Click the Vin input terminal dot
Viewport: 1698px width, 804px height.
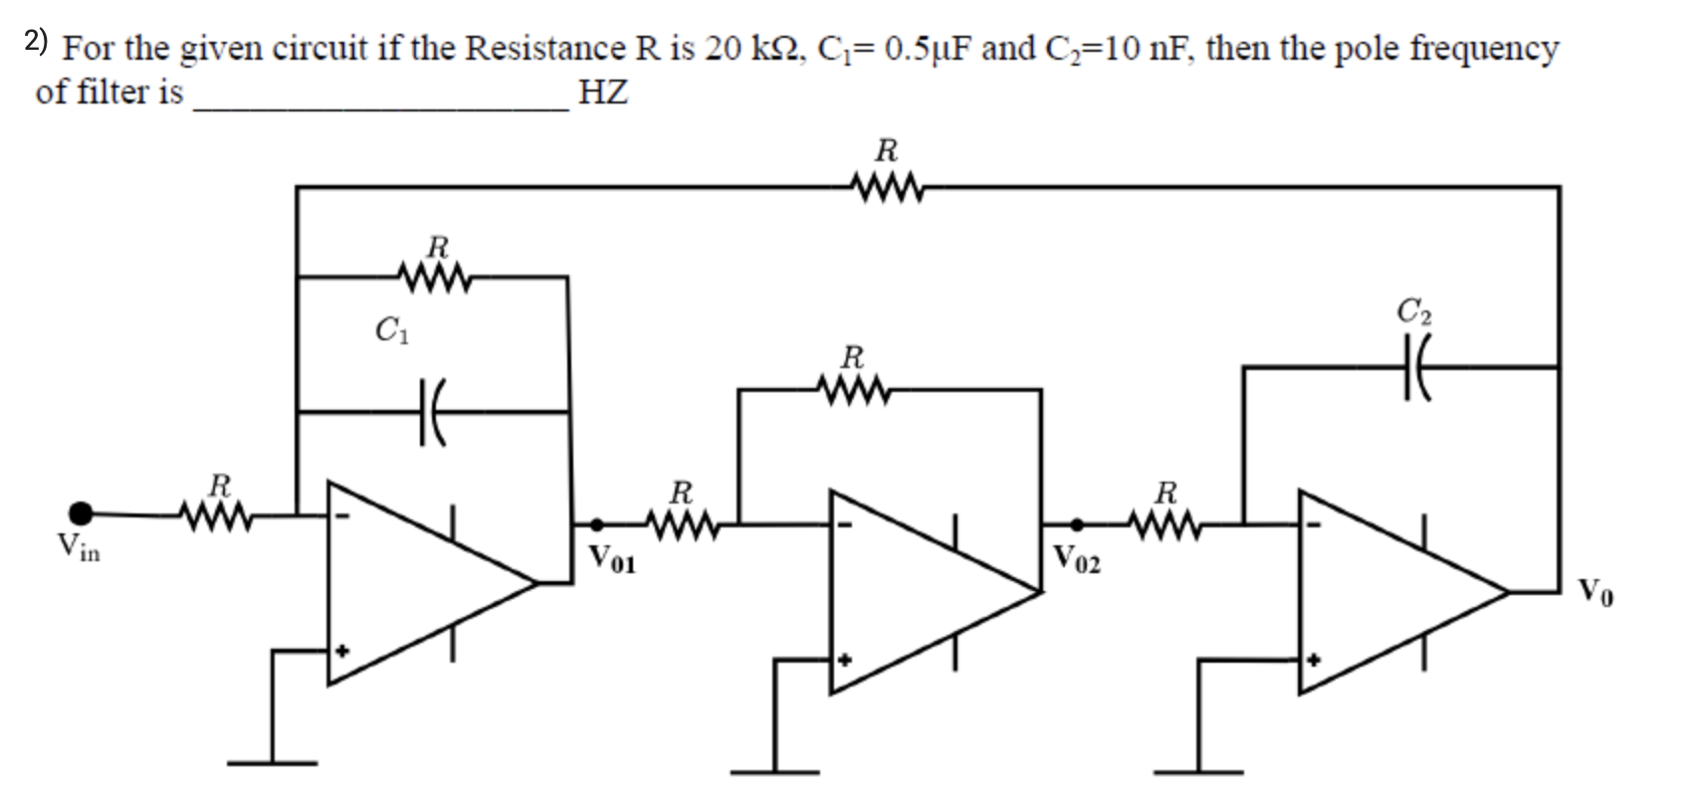pyautogui.click(x=81, y=513)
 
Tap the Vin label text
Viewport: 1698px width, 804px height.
pyautogui.click(x=78, y=546)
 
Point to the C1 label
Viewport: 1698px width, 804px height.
pyautogui.click(x=390, y=328)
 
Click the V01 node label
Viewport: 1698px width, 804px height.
pyautogui.click(x=611, y=559)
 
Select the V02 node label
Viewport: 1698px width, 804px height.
pyautogui.click(x=1077, y=559)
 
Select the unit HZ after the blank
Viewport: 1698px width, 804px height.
pyautogui.click(x=602, y=93)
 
